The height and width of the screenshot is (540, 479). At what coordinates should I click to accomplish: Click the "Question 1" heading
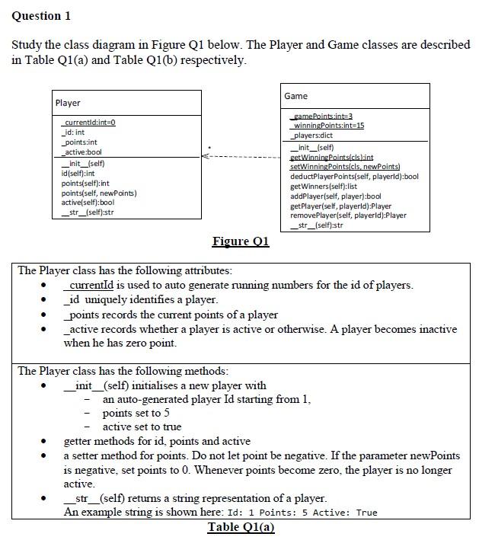42,15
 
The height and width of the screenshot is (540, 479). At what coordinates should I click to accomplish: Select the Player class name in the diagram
68,103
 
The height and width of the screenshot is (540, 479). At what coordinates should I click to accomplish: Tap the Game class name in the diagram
295,96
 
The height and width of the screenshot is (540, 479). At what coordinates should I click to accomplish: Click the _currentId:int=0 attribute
89,123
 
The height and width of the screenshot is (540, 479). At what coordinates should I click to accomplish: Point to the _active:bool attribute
81,152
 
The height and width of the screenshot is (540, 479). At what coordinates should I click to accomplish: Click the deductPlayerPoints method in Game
354,176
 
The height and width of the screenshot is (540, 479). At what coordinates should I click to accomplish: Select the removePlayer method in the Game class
348,216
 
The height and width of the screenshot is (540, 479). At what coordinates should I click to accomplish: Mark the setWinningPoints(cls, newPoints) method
345,166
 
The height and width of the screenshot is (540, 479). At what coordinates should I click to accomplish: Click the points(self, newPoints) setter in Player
98,193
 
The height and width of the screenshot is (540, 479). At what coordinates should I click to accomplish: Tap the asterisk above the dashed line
211,145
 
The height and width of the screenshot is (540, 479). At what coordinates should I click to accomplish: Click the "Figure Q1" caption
240,241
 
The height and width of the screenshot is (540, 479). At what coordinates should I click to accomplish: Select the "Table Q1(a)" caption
241,528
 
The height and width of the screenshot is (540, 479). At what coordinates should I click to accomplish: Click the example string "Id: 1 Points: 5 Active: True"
298,513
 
